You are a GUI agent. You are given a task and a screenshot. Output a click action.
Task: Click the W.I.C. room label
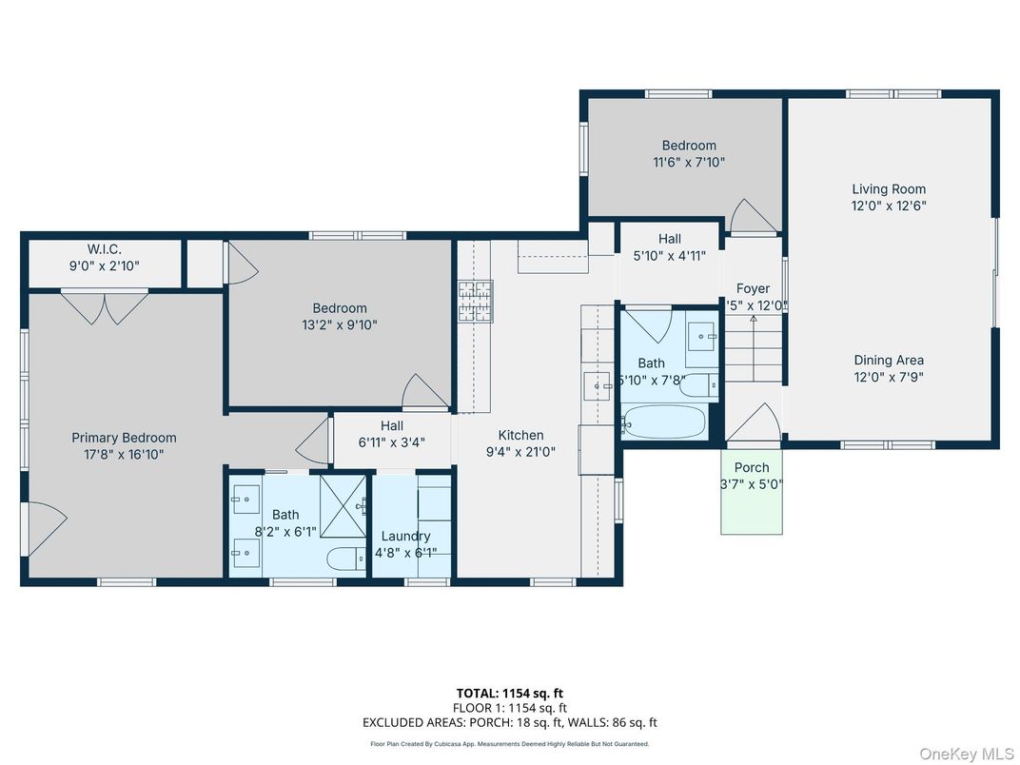(x=104, y=249)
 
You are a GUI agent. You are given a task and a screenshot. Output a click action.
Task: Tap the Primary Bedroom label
(x=124, y=438)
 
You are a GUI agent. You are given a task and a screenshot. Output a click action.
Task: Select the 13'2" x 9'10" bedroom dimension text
(x=340, y=324)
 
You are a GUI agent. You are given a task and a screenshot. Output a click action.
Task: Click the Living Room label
(x=888, y=188)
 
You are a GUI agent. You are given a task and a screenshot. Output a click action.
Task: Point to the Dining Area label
(x=888, y=360)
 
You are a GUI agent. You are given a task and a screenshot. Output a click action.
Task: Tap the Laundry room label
(x=406, y=536)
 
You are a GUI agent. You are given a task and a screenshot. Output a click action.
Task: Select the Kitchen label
(x=520, y=435)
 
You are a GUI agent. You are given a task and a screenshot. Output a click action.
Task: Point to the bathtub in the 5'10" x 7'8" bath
(x=665, y=421)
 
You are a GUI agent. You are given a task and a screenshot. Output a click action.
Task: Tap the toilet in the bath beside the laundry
(x=343, y=559)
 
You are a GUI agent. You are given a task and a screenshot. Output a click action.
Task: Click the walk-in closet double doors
(x=104, y=306)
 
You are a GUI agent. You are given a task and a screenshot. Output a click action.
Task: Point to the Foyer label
(x=753, y=288)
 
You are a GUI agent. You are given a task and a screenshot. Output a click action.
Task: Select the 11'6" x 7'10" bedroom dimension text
(x=689, y=162)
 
